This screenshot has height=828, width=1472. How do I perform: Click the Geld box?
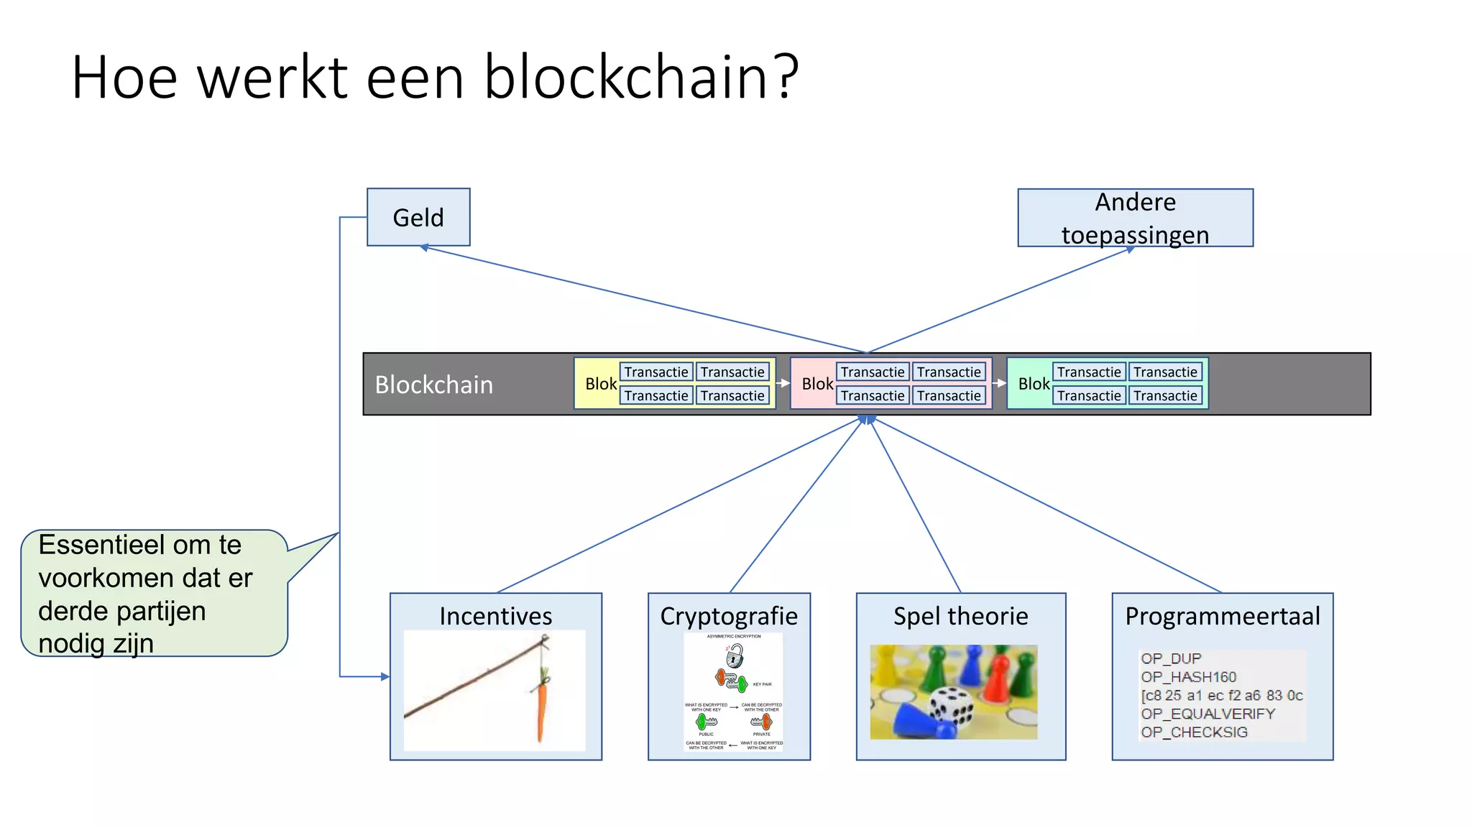coord(418,217)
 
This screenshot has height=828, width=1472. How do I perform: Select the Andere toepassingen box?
coord(1135,218)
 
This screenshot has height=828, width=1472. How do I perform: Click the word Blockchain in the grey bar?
coord(434,385)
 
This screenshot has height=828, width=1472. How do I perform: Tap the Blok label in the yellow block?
coord(601,384)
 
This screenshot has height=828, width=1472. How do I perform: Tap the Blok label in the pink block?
coord(817,384)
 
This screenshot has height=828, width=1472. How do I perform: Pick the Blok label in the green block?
coord(1034,384)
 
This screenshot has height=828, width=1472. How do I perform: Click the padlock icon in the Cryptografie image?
coord(735,655)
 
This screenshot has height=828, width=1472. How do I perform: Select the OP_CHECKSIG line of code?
coord(1194,732)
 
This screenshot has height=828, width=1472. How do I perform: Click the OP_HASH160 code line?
coord(1188,677)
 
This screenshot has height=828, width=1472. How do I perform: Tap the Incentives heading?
coord(495,616)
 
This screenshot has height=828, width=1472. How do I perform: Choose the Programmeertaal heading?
coord(1222,616)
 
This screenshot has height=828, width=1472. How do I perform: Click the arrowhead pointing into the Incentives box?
coord(385,676)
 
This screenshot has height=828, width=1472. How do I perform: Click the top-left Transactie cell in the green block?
coord(1088,372)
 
